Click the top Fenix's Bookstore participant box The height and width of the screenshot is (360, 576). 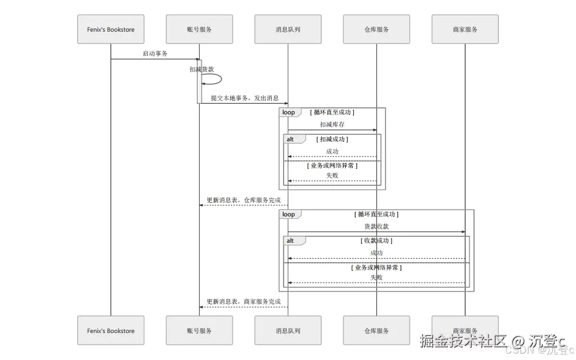(x=111, y=29)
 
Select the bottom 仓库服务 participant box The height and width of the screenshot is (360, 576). (x=376, y=331)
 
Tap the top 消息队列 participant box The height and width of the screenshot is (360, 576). (x=288, y=29)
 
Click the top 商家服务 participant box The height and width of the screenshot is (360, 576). (x=465, y=29)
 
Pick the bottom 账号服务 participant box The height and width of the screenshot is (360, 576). (x=199, y=331)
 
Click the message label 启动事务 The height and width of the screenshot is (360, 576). (x=155, y=53)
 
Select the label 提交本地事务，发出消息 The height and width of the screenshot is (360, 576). (x=244, y=98)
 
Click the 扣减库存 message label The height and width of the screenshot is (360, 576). (x=332, y=124)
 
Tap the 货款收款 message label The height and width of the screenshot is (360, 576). (x=376, y=226)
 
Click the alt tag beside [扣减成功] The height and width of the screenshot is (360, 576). (x=290, y=140)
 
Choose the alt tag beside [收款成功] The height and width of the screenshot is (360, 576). (x=290, y=241)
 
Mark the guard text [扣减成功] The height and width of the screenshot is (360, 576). (x=332, y=140)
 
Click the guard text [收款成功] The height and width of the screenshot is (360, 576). (x=376, y=241)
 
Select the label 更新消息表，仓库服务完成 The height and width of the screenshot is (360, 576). (x=244, y=200)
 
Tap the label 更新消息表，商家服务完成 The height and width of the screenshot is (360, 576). (x=244, y=301)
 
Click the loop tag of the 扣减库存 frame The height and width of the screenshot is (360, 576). (x=289, y=112)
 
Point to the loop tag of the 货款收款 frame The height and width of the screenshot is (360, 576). (x=289, y=215)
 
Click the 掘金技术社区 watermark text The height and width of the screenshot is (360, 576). (x=463, y=341)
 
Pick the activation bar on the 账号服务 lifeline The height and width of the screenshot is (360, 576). (x=199, y=81)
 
